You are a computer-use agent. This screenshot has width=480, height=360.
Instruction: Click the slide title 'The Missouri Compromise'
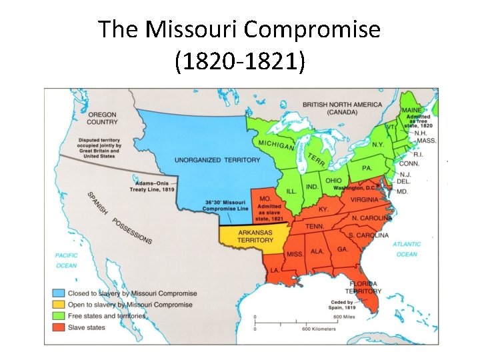pos(239,29)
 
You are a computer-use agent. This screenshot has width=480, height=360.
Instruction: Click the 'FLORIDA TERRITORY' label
pos(364,287)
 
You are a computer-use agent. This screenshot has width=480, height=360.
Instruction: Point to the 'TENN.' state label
pos(315,227)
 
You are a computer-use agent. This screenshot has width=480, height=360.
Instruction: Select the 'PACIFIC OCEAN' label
pos(66,260)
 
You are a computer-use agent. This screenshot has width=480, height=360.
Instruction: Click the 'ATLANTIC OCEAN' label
pos(407,249)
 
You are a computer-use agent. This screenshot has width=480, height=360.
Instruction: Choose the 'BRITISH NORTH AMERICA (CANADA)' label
pos(342,108)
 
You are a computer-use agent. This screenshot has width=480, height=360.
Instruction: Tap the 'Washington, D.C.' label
pos(357,188)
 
